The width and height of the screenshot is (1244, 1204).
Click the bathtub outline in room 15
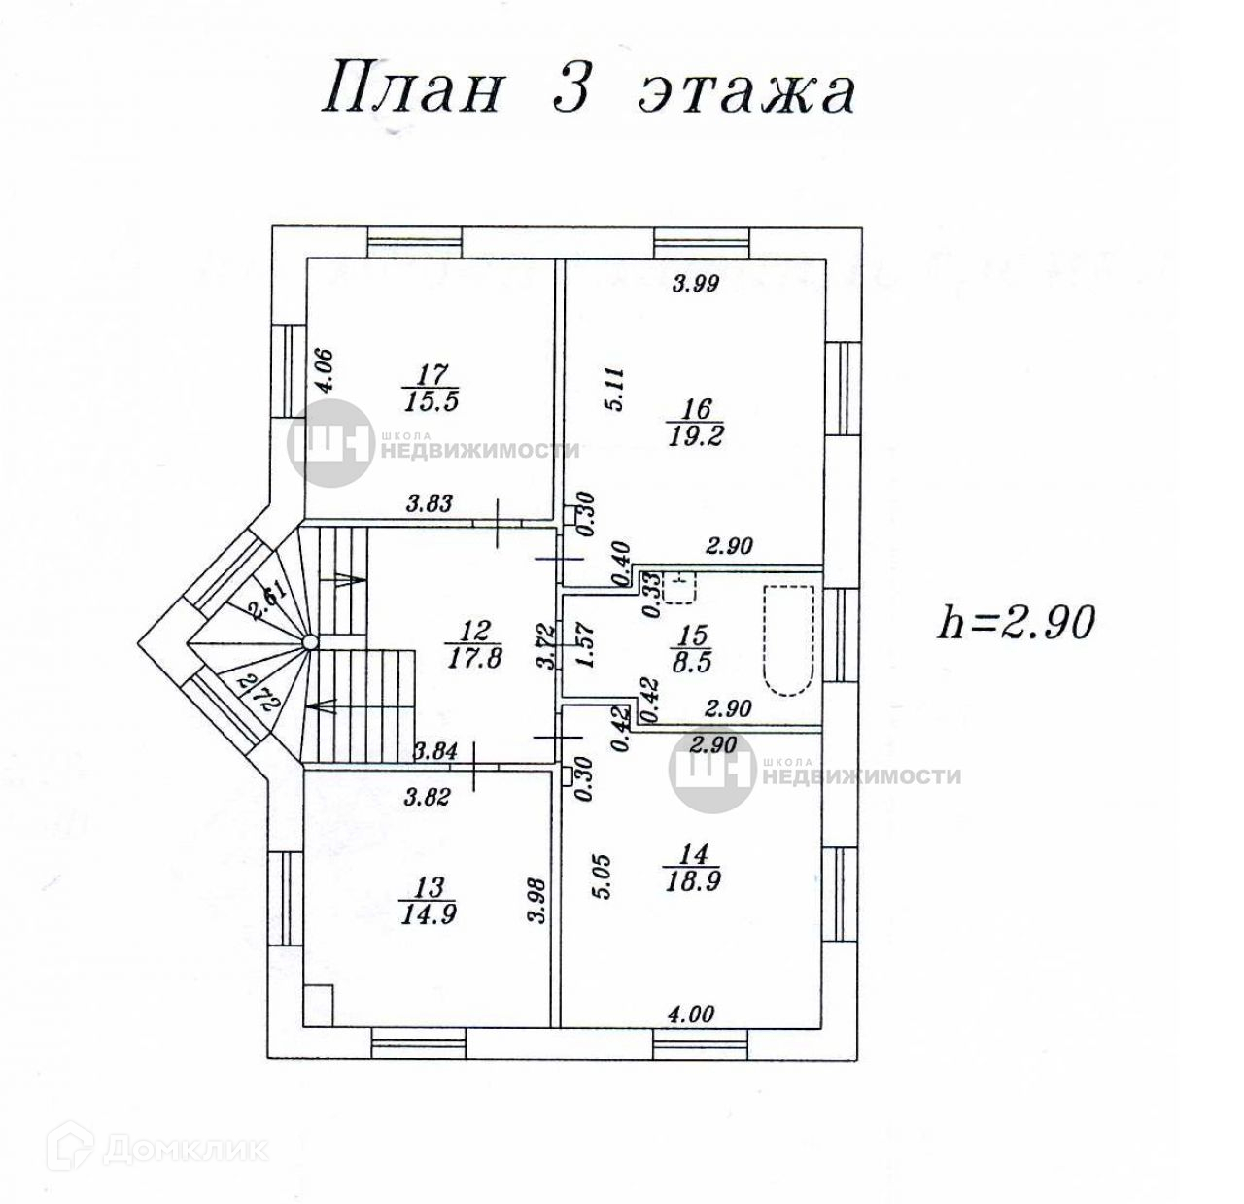[x=787, y=640]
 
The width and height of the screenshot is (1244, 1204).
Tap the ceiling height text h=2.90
[x=1017, y=621]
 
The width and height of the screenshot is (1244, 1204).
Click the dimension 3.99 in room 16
[x=695, y=284]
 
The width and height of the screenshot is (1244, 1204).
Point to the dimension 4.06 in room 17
[x=325, y=371]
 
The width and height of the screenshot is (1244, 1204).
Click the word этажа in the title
[x=745, y=90]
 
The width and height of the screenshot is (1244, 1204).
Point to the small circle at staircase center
[x=309, y=641]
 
